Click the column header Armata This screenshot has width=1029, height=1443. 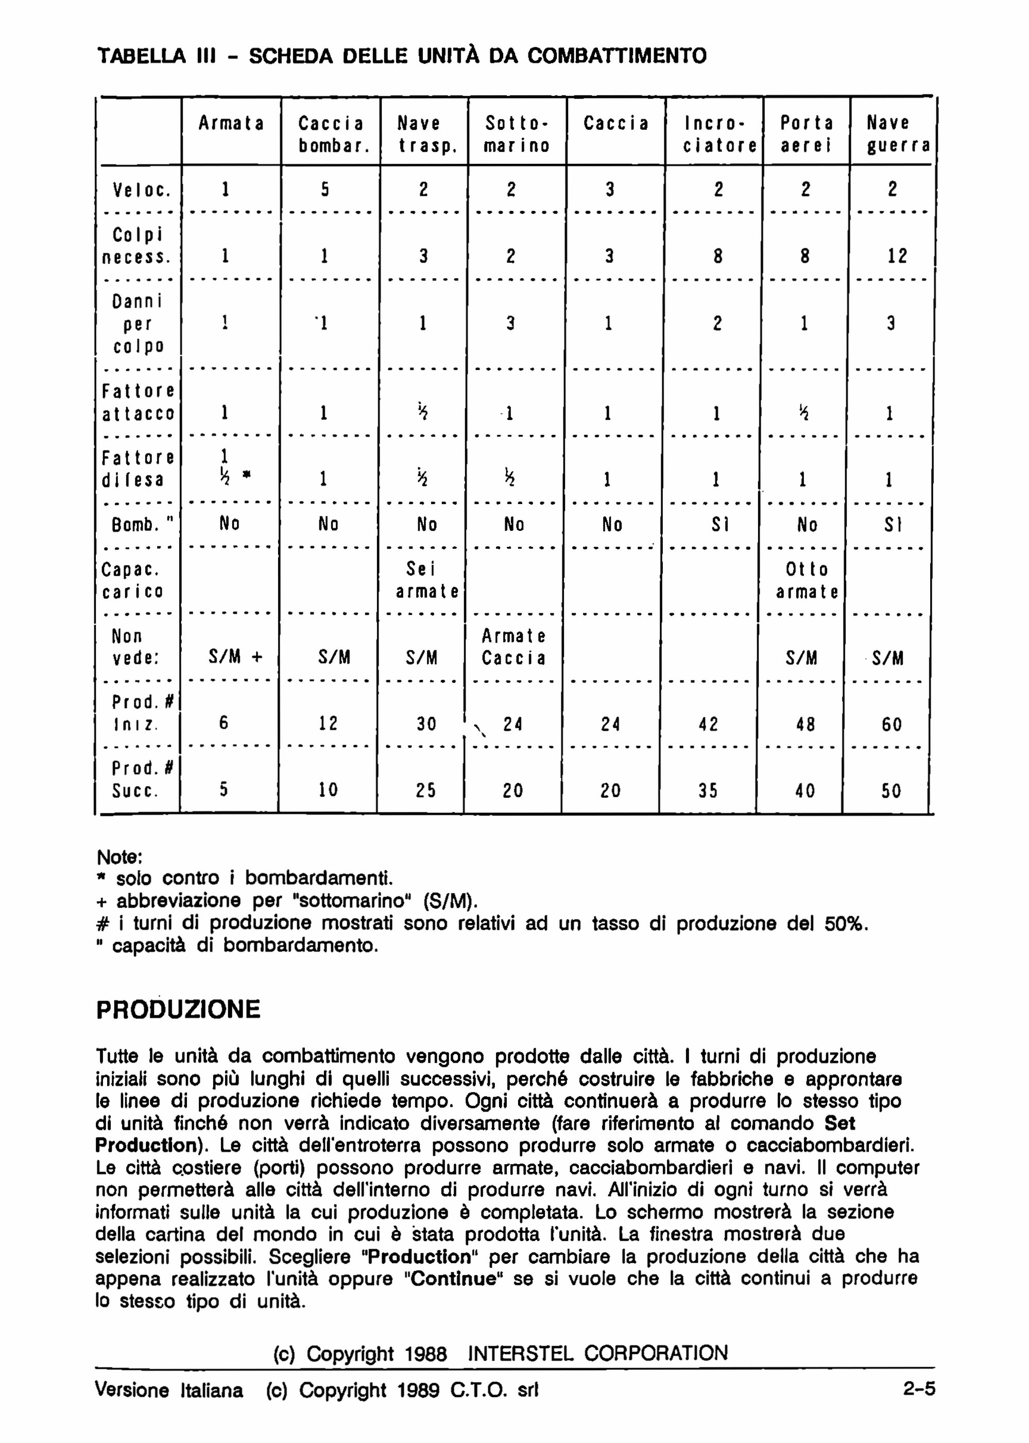(231, 123)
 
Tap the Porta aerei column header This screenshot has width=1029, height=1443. (805, 134)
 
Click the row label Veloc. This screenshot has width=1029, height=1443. (141, 189)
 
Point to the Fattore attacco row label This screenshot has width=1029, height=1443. (138, 402)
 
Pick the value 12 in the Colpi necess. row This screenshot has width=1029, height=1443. (897, 256)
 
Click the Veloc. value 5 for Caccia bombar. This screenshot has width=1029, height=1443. (324, 189)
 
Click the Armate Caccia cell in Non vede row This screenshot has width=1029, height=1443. (513, 647)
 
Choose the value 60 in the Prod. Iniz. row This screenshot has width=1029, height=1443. (891, 724)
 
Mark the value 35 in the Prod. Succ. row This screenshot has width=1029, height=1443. (708, 791)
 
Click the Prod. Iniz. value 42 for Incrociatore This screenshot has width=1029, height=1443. (708, 724)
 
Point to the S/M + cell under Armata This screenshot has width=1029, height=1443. (235, 658)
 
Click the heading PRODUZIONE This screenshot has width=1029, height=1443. (178, 1010)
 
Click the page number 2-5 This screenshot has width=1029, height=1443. (919, 1390)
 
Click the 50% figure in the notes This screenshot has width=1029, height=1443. (845, 924)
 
